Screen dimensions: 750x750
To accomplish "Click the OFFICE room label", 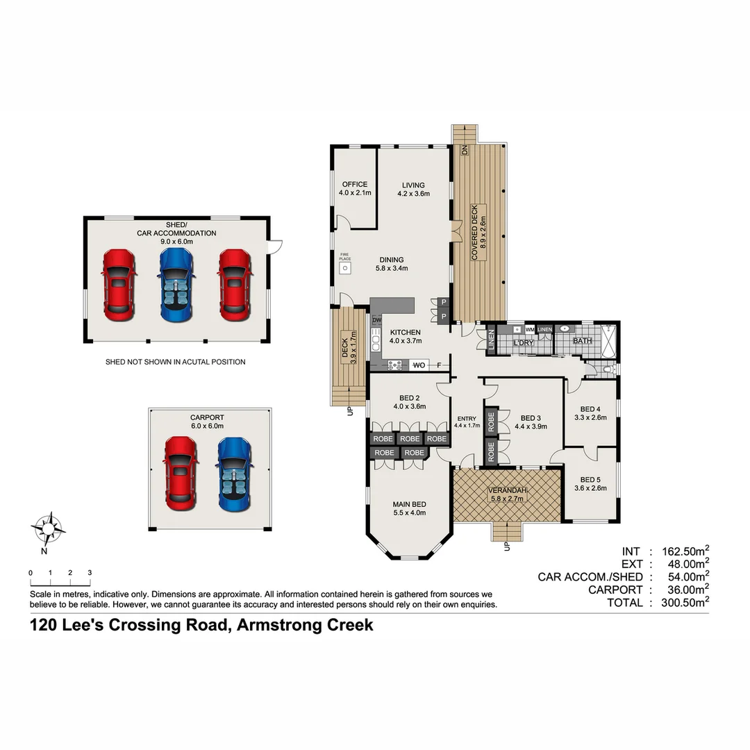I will [x=353, y=185].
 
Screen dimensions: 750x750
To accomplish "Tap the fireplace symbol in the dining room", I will [x=344, y=267].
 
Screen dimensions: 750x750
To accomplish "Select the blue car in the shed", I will [x=176, y=285].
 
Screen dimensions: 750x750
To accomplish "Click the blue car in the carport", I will [x=233, y=474].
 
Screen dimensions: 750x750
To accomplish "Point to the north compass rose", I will [x=48, y=529].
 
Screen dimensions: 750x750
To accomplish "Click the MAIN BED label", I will [x=409, y=504].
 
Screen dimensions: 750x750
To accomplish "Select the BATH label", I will [x=582, y=341].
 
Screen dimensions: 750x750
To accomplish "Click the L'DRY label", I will [x=524, y=343].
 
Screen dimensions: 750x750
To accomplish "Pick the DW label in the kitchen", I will [x=376, y=320].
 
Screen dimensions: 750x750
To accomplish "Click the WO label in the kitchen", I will [x=419, y=365].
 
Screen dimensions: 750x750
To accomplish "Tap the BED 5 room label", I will [x=590, y=479].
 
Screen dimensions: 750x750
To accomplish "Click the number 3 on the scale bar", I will [x=90, y=572].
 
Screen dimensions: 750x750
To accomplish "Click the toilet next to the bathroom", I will [x=608, y=369].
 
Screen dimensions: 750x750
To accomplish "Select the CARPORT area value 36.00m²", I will [x=685, y=590].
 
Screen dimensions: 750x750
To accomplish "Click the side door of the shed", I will [x=276, y=245].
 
